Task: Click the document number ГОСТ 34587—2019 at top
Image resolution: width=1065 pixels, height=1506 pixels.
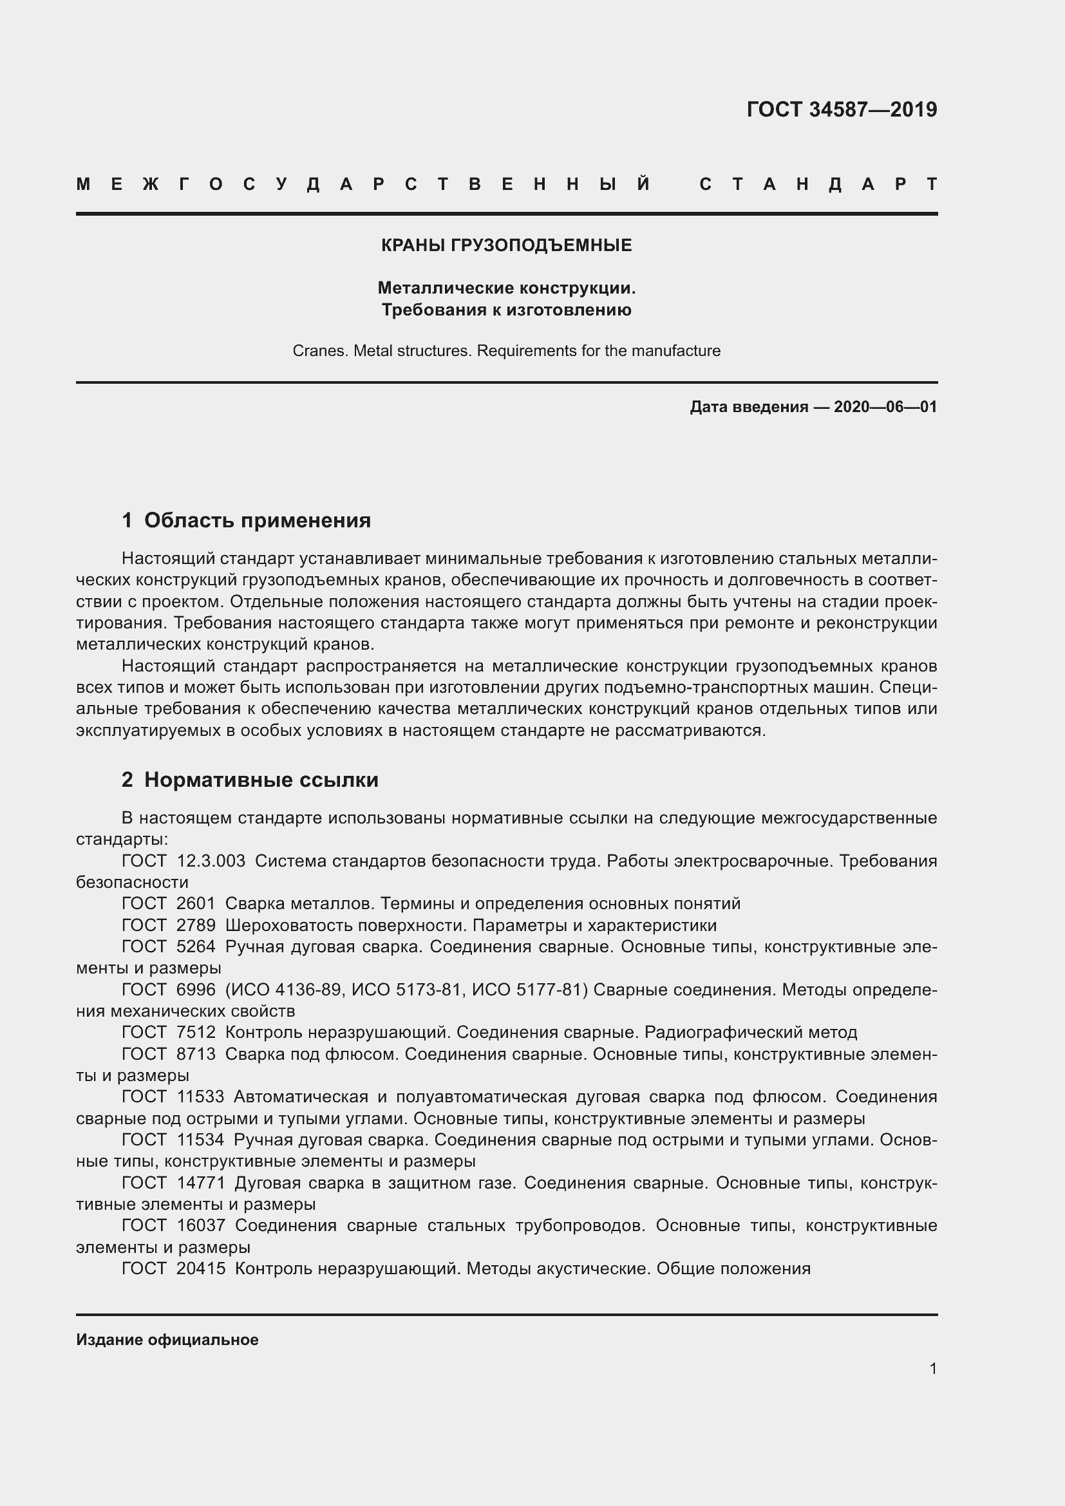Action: coord(842,109)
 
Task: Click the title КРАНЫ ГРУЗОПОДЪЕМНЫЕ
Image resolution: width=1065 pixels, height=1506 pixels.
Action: coord(506,245)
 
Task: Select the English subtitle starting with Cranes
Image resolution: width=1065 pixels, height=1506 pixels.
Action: coord(506,351)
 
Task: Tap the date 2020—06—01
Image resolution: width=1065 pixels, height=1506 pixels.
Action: coord(885,408)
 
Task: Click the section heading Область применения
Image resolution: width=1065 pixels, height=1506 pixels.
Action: coord(257,520)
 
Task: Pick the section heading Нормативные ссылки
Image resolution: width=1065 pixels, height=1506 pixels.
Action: coord(261,780)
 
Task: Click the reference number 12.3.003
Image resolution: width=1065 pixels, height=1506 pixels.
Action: coord(211,861)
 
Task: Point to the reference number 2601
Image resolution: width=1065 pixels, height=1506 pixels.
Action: coord(196,904)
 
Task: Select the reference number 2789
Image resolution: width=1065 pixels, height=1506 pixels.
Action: coord(196,925)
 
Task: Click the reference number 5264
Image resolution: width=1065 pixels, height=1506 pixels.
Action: coord(196,947)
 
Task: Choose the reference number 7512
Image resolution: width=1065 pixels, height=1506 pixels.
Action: coord(196,1032)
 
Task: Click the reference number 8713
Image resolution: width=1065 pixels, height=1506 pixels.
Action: coord(196,1054)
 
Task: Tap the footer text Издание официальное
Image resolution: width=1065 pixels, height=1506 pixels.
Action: coord(167,1340)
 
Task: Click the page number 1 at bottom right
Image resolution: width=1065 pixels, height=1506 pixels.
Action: coord(932,1369)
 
